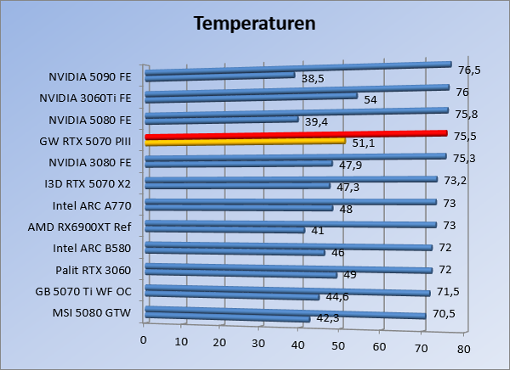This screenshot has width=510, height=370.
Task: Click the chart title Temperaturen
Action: tap(255, 23)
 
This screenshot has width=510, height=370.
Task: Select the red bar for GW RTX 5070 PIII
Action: tap(296, 135)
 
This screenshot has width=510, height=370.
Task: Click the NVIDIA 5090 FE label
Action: tap(90, 77)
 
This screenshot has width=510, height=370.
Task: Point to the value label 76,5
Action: tap(470, 70)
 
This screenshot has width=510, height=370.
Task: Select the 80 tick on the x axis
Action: tap(463, 349)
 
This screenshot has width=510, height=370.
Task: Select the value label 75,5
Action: tap(465, 136)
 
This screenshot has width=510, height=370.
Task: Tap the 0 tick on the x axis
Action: tap(144, 340)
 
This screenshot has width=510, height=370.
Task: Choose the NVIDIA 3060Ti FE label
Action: tap(85, 98)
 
